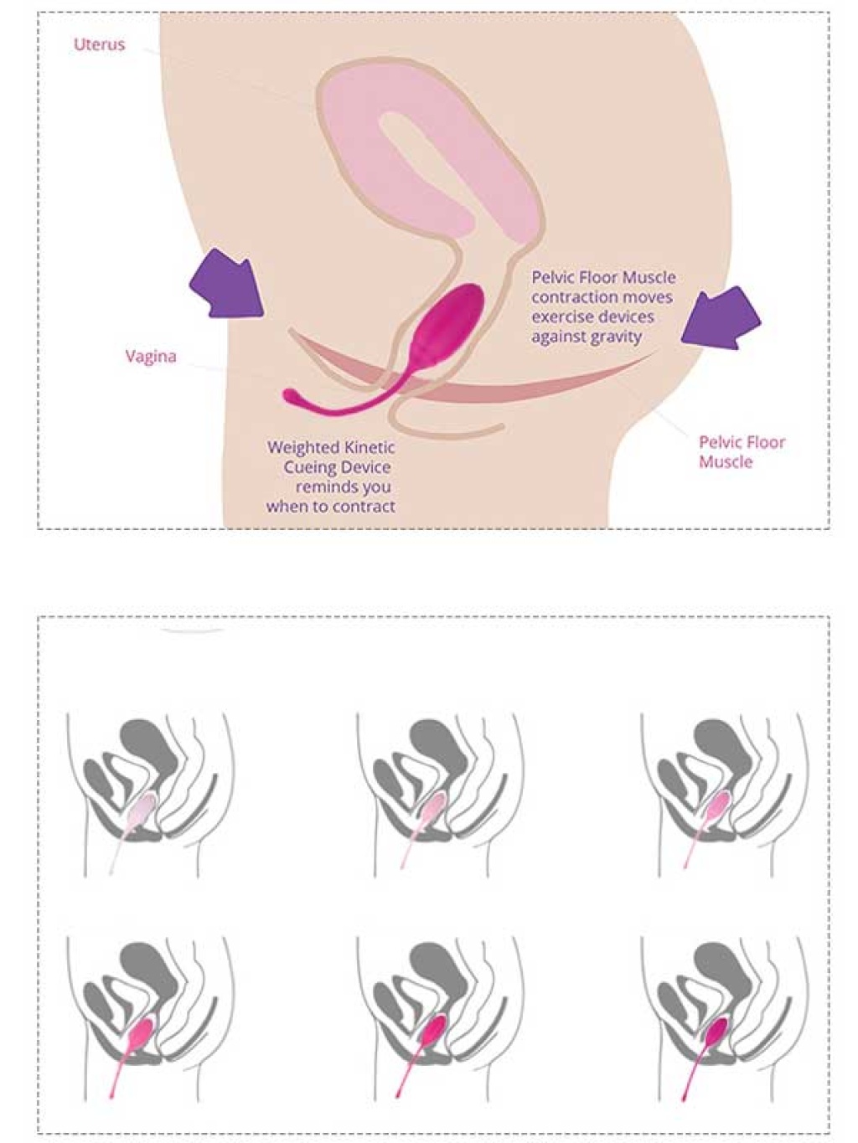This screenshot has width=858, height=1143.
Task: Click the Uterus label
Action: (100, 44)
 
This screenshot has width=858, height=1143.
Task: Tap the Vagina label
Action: (151, 357)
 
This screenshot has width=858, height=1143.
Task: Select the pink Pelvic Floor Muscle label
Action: (742, 452)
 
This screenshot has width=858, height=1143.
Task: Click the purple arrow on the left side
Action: (226, 284)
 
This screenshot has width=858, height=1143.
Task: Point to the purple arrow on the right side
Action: (721, 317)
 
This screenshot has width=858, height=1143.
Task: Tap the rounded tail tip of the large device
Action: (291, 397)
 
